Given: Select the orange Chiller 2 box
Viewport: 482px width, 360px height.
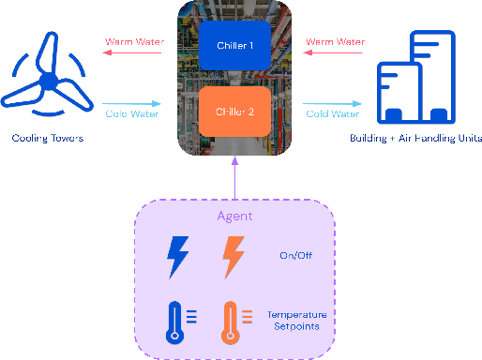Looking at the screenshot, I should pos(234,112).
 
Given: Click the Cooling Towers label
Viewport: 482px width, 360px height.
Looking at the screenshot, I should pos(48,139).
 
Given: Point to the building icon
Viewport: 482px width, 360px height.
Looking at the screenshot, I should pos(416,80).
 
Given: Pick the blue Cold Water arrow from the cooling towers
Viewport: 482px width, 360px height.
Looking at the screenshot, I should pos(130,103).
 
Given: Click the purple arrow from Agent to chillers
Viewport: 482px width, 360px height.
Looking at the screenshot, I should pos(234,178).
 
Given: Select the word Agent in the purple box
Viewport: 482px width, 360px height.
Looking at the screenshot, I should pos(234,217).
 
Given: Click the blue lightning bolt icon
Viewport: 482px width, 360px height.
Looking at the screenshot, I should pos(177,256).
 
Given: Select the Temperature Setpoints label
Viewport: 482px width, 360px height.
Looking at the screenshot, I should pos(295,322).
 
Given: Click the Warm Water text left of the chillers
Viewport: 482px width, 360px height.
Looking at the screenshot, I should pos(130,42).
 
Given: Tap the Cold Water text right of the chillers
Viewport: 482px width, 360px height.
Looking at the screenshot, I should pos(332,114).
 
